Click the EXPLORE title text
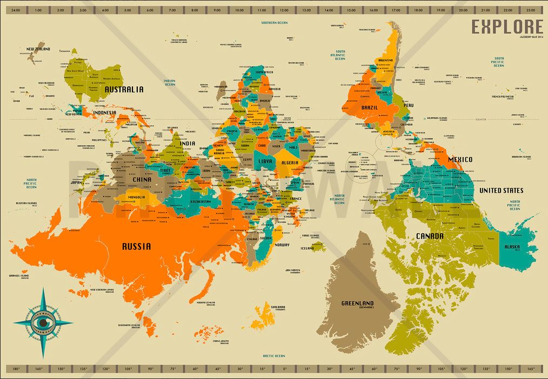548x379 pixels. tap(507, 26)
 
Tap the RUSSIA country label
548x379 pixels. tap(136, 247)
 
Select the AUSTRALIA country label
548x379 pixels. tap(124, 90)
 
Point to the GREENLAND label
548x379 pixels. tap(358, 303)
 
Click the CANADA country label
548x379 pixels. tap(430, 236)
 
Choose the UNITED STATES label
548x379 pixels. tap(502, 191)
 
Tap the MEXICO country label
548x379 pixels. tap(459, 159)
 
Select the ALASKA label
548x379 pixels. tap(512, 247)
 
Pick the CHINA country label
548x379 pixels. tap(142, 180)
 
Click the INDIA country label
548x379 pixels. tap(187, 144)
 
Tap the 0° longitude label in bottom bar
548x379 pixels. tap(285, 369)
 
